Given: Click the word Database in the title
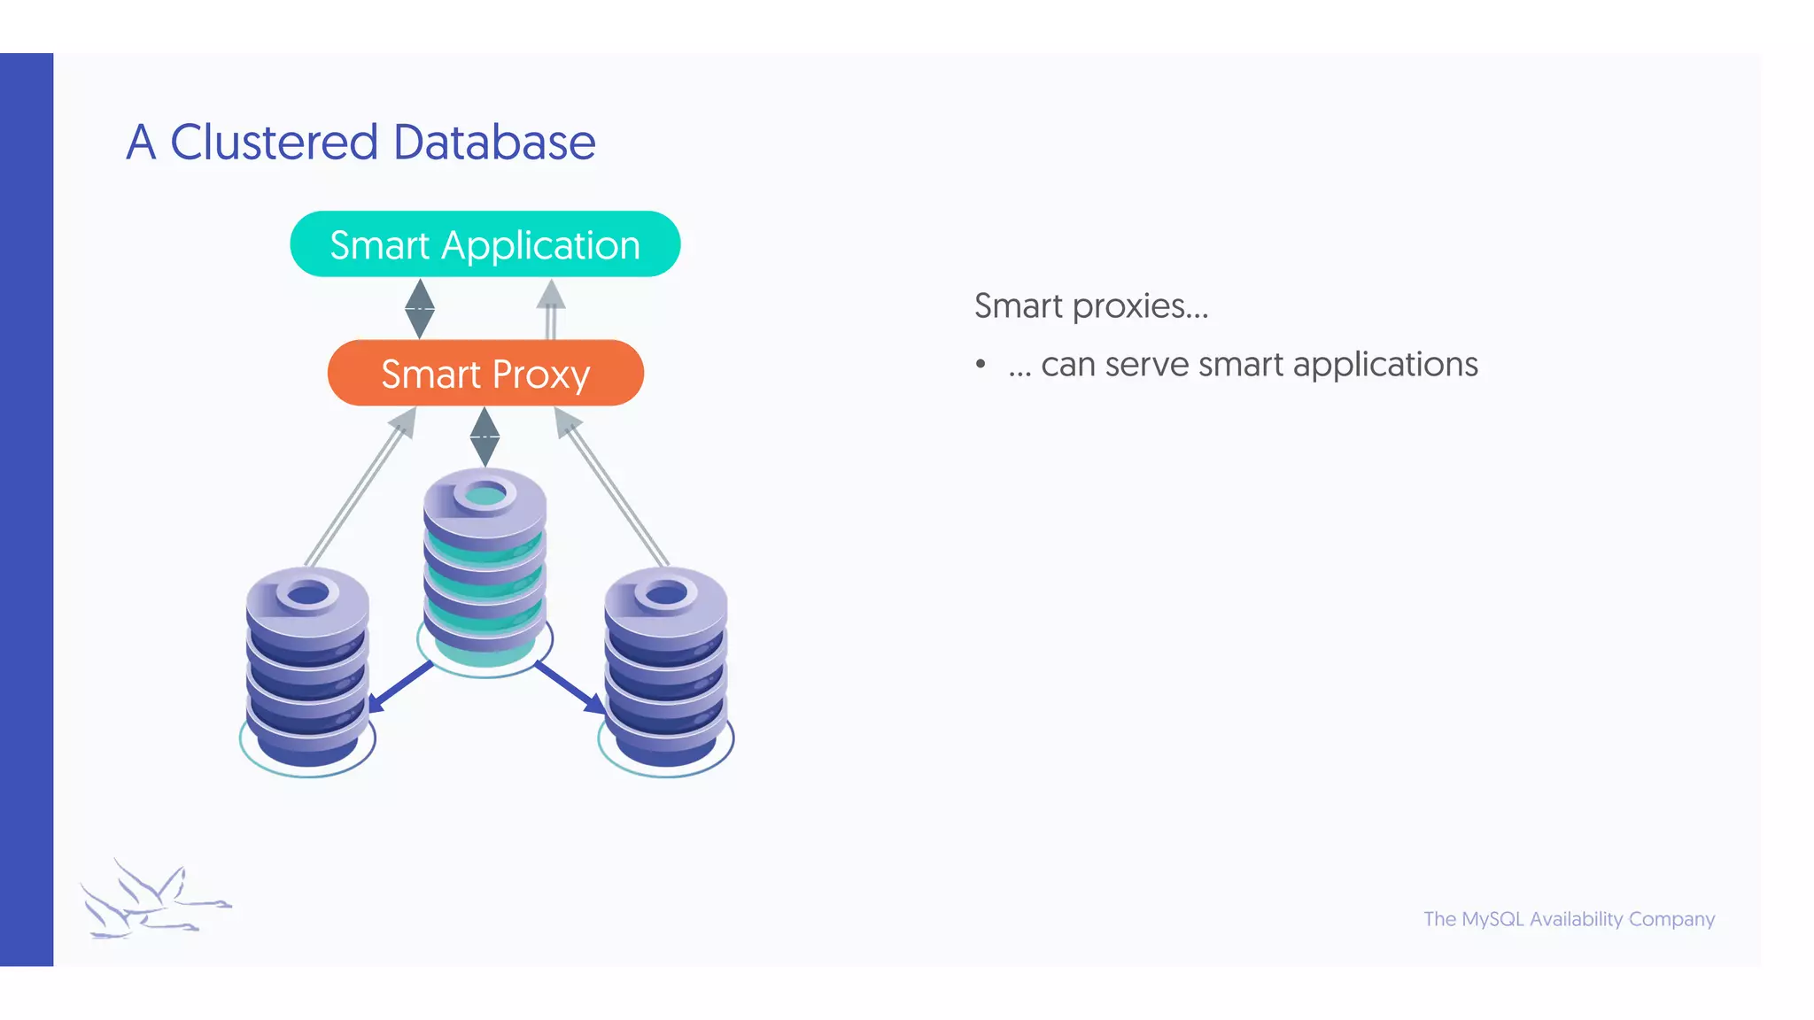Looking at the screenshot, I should coord(493,143).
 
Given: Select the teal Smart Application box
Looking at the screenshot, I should coord(485,244).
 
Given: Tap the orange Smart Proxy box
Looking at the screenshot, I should coord(485,374).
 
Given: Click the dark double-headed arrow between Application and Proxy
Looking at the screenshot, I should coord(419,308).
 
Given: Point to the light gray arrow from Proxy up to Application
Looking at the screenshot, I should coord(551,310).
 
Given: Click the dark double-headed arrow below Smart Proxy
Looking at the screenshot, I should coord(485,437).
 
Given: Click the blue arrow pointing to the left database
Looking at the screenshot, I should coord(399,687).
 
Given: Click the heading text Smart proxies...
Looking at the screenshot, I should coord(1090,306).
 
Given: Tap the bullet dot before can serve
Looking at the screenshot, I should coord(981,365).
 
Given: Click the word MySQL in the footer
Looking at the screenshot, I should coord(1492,919).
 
